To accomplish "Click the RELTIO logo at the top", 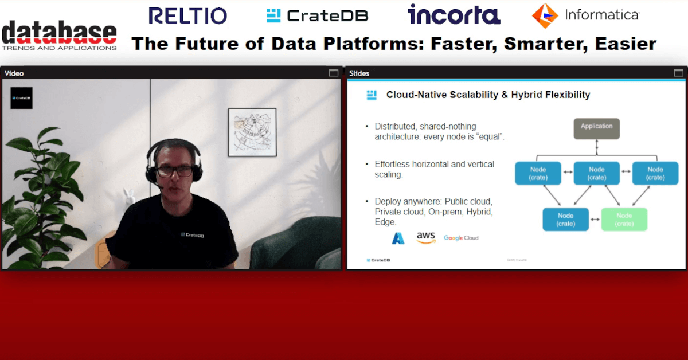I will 187,15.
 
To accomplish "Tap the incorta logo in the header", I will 454,15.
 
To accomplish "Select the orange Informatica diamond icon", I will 545,15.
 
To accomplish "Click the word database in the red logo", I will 60,33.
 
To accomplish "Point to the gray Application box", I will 596,128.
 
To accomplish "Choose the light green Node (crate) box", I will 624,220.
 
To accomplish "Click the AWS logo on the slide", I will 426,237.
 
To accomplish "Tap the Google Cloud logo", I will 461,238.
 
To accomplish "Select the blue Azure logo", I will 398,238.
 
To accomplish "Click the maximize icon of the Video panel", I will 334,73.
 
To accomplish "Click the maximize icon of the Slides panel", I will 678,73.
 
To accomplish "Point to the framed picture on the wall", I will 252,132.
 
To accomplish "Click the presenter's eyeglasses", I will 174,171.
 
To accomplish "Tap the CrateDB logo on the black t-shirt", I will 192,234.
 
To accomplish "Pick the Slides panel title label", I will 359,73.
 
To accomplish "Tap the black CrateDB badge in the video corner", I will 22,98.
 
